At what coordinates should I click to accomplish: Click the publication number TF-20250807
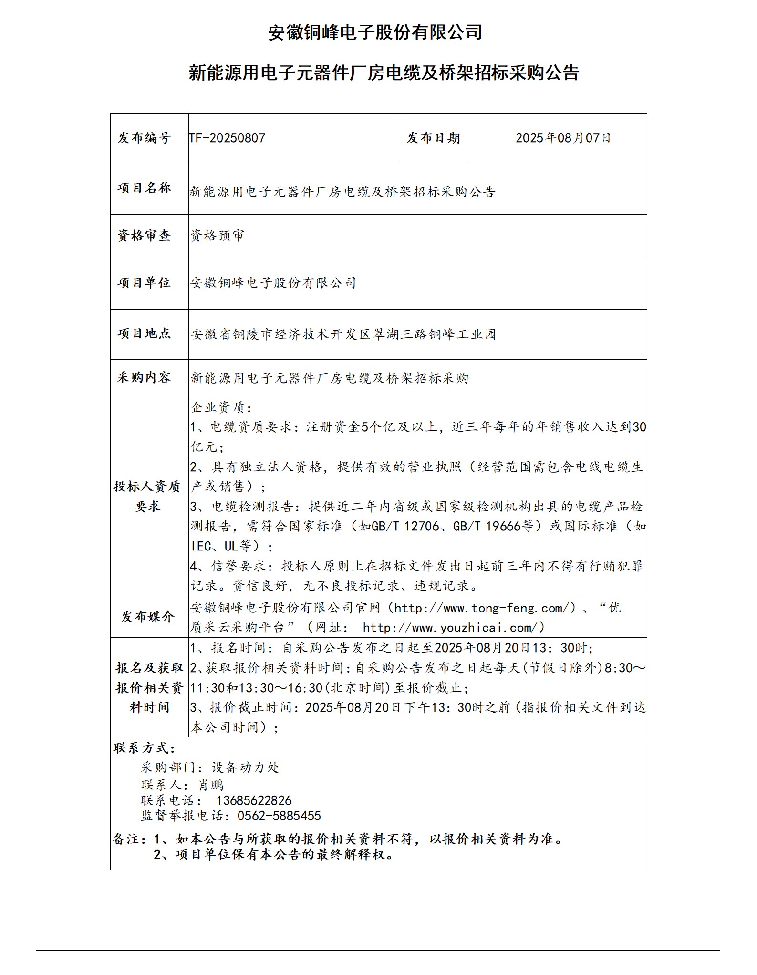tap(227, 138)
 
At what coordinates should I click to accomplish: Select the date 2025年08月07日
tap(563, 138)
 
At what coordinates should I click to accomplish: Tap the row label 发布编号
tap(145, 138)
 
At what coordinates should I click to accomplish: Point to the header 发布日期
tap(433, 138)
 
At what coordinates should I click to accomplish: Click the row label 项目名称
tap(145, 188)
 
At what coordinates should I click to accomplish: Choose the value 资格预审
tap(218, 236)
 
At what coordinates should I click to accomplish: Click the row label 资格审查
tap(145, 236)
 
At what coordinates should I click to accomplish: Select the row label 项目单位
tap(145, 283)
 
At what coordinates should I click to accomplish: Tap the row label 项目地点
tap(145, 333)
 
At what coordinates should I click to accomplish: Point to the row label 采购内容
tap(145, 377)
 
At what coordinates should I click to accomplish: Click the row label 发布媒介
tap(148, 617)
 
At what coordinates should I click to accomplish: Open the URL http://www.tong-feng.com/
tap(482, 608)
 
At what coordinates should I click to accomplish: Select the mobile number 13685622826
tap(254, 800)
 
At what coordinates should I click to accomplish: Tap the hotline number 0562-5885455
tap(279, 816)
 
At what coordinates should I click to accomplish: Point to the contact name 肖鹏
tap(211, 785)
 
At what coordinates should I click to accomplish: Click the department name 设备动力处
tap(245, 768)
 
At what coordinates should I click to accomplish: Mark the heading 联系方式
tap(145, 748)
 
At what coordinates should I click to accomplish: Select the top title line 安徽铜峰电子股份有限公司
tap(375, 32)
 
